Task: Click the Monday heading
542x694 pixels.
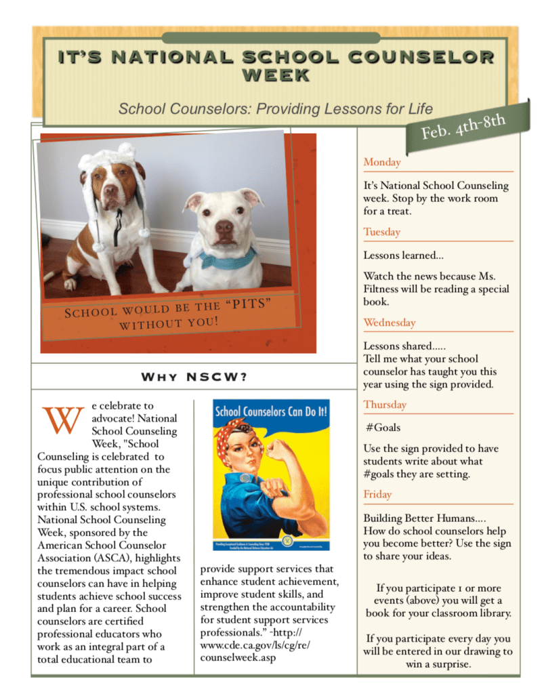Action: coord(382,163)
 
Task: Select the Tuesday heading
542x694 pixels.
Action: coord(382,232)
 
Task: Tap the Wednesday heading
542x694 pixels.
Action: coord(390,323)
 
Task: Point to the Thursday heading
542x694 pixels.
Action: coord(385,405)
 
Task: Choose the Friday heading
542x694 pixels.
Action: coord(377,495)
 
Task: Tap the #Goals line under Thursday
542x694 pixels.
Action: coord(383,428)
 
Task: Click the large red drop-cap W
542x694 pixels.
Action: coord(62,420)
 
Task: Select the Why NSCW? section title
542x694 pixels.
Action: coord(194,377)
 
